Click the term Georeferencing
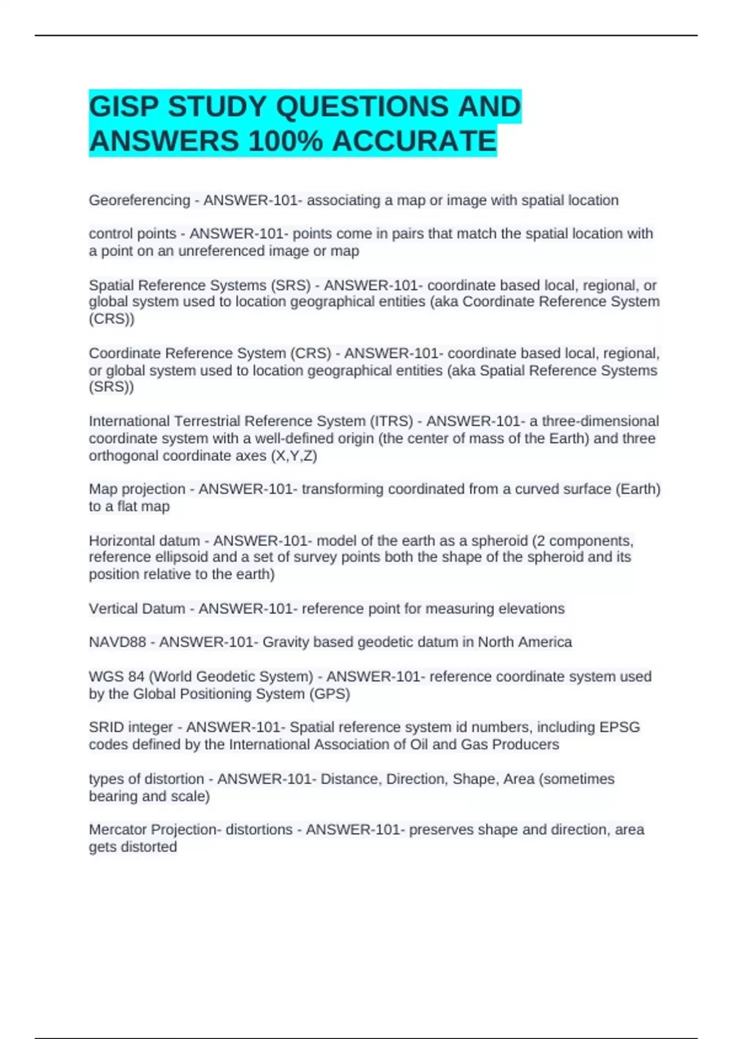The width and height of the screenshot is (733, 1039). click(139, 200)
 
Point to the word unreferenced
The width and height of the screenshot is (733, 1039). click(220, 251)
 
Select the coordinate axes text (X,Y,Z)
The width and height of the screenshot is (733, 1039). click(293, 456)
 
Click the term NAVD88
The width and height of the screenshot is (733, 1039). click(117, 642)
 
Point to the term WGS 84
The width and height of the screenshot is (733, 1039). click(116, 677)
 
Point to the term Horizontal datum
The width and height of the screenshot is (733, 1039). click(144, 541)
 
